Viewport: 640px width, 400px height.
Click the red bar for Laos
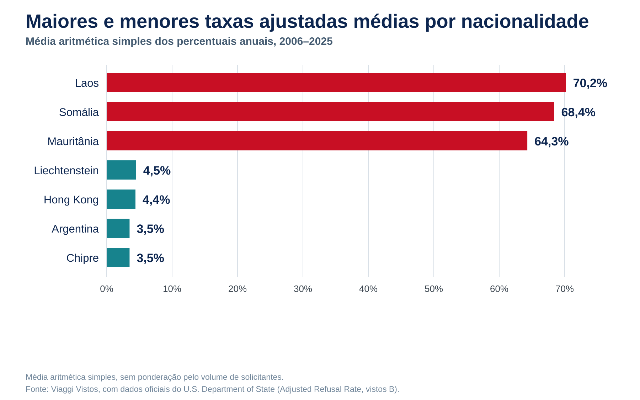pyautogui.click(x=336, y=82)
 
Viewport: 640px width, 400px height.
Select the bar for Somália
pyautogui.click(x=330, y=112)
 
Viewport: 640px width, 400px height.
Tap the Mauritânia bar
pyautogui.click(x=317, y=141)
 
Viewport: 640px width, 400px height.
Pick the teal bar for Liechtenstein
pyautogui.click(x=121, y=170)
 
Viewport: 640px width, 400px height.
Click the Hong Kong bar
pyautogui.click(x=121, y=199)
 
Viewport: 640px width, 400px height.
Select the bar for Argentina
pyautogui.click(x=118, y=228)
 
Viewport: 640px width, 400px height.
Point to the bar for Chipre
pyautogui.click(x=118, y=257)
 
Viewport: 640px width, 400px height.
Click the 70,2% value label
pyautogui.click(x=590, y=83)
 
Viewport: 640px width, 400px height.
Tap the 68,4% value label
pyautogui.click(x=578, y=112)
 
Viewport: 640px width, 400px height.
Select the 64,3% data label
pyautogui.click(x=551, y=142)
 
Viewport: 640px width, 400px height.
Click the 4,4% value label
pyautogui.click(x=156, y=200)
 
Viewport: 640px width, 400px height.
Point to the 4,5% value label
pyautogui.click(x=157, y=171)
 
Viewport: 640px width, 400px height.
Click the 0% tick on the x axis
pyautogui.click(x=107, y=289)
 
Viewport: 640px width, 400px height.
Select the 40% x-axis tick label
pyautogui.click(x=368, y=289)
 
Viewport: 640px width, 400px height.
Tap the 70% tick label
pyautogui.click(x=565, y=289)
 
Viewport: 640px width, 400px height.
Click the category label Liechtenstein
pyautogui.click(x=66, y=171)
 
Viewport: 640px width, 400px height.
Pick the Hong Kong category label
pyautogui.click(x=71, y=200)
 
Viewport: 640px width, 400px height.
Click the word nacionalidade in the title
pyautogui.click(x=525, y=21)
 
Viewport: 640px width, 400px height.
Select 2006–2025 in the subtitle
pyautogui.click(x=306, y=42)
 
